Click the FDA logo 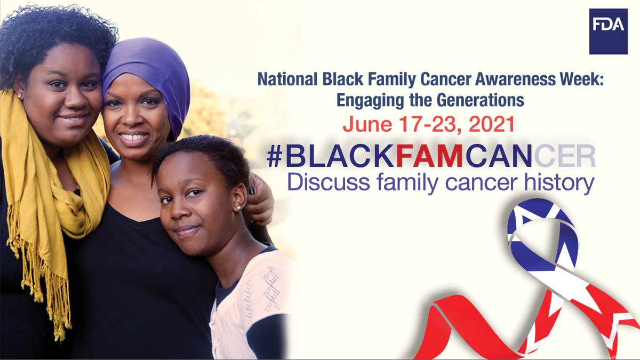click(607, 31)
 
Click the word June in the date click(365, 124)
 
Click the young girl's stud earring click(238, 206)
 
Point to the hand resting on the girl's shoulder click(260, 203)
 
